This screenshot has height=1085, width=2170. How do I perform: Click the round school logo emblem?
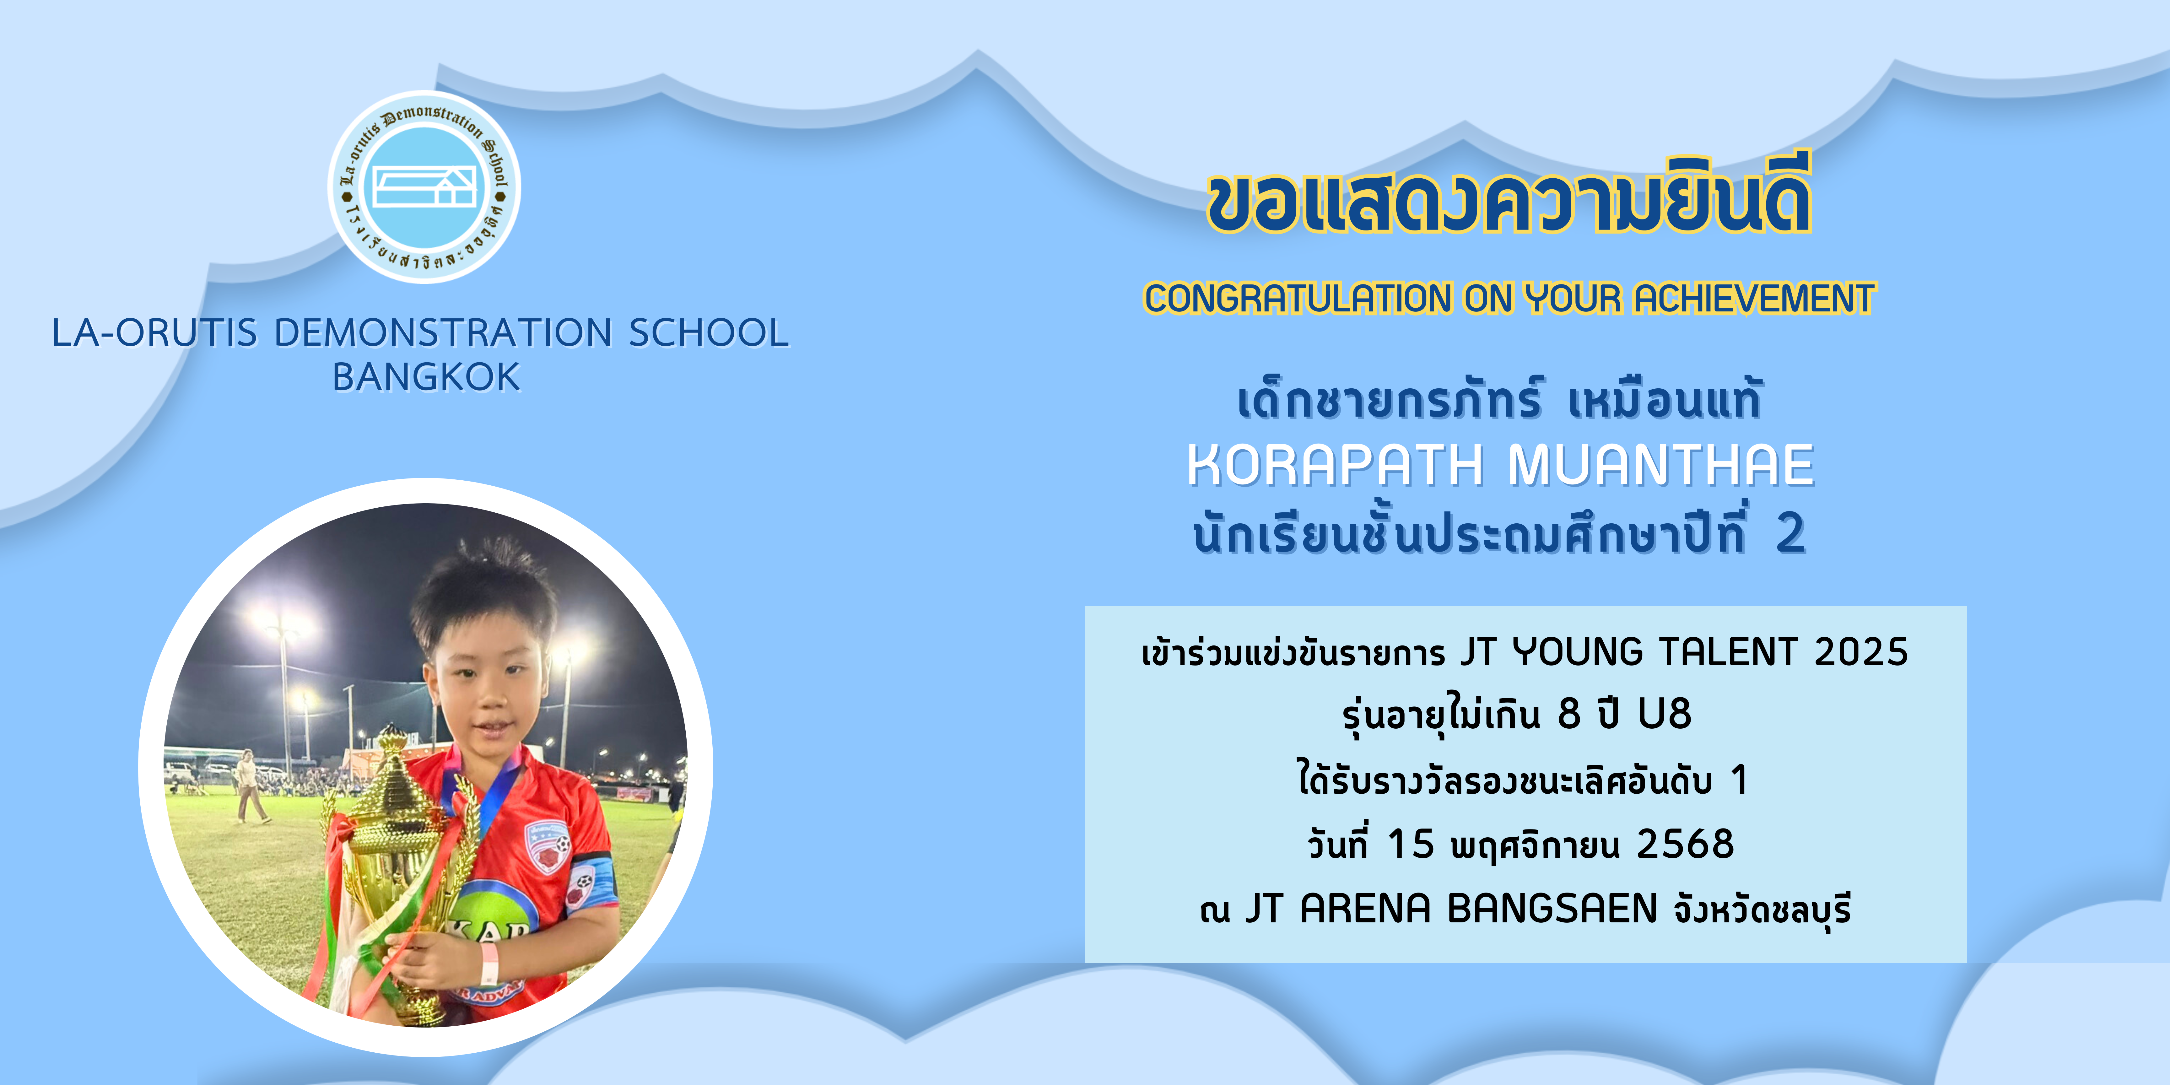[424, 187]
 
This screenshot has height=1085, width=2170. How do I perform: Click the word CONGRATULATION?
[1297, 298]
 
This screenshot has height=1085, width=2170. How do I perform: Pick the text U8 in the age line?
[1665, 714]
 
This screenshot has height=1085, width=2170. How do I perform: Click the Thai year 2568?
[1685, 844]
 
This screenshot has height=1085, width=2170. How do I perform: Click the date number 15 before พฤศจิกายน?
[1410, 844]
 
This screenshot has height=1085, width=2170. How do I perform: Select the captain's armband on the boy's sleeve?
[591, 884]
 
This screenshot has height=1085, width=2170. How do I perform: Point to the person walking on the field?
[249, 785]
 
